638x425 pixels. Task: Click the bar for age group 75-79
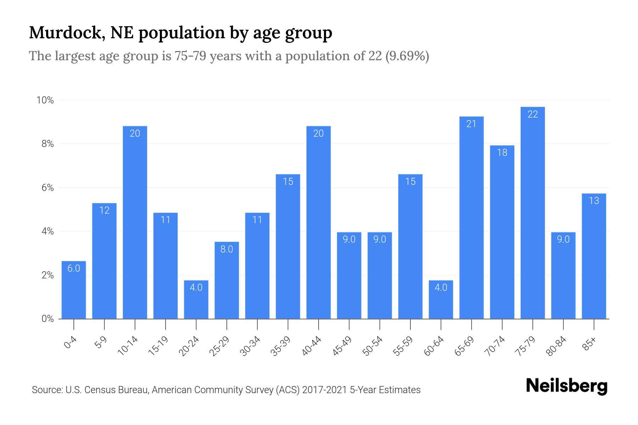click(532, 212)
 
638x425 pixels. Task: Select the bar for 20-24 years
click(196, 300)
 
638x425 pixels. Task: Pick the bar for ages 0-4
click(74, 290)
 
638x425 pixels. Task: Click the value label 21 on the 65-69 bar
click(471, 124)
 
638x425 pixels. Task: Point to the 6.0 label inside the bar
click(74, 268)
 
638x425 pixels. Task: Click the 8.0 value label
click(226, 249)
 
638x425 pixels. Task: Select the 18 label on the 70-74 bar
click(502, 153)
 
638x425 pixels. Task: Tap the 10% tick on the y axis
click(45, 100)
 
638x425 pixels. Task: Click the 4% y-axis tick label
click(47, 232)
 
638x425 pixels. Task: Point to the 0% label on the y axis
click(47, 319)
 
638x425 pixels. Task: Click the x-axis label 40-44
click(312, 346)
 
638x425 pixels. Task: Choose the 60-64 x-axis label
click(434, 346)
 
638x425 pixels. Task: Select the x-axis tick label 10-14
click(128, 346)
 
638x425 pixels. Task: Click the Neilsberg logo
click(566, 386)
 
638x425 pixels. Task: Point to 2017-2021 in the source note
click(324, 390)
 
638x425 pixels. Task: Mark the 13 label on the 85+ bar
click(594, 201)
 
